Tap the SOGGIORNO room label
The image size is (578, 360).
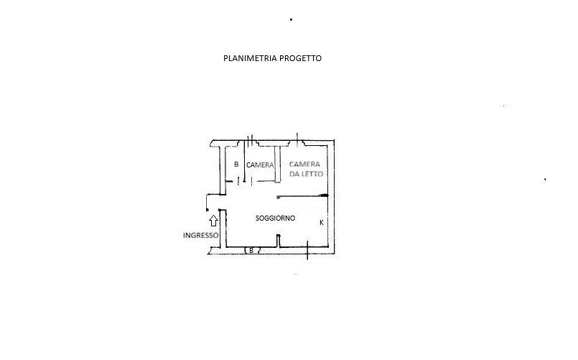coord(275,218)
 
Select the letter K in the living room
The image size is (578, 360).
coord(321,223)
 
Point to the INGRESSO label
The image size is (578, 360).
coord(200,235)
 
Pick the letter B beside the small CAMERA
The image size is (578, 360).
coord(236,165)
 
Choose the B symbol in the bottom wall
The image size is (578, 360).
coord(251,250)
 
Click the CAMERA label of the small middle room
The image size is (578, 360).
coord(260,165)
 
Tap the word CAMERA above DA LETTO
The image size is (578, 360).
coord(306,164)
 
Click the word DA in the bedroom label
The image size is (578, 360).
coord(294,174)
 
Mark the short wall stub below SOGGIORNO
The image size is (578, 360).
coord(277,243)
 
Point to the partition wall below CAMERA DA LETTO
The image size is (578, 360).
coord(302,195)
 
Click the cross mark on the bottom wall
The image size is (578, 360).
coord(307,249)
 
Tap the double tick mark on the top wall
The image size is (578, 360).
coord(250,139)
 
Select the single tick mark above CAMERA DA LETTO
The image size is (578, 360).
coord(297,137)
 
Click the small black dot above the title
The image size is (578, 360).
coord(291,20)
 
